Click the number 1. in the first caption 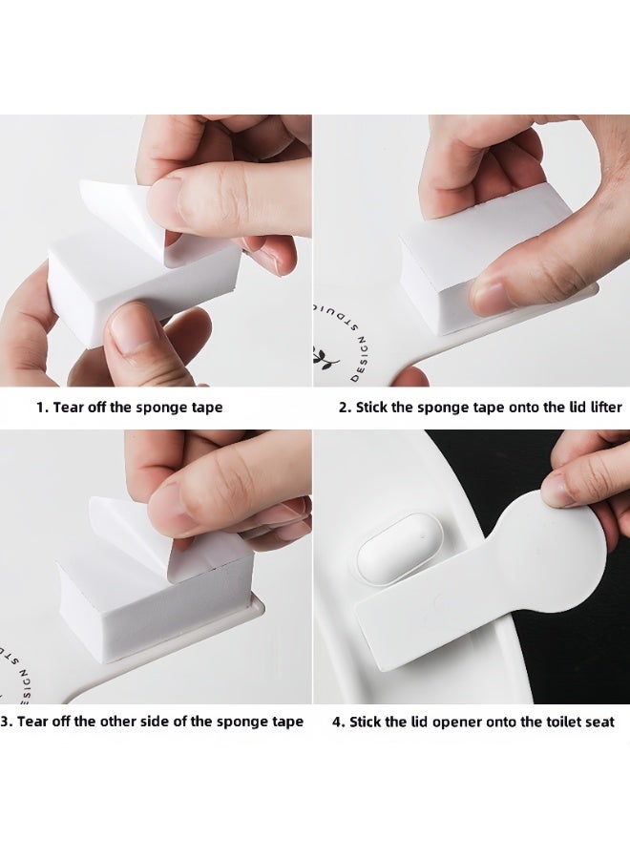coord(42,408)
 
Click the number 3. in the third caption coord(7,722)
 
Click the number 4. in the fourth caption coord(339,723)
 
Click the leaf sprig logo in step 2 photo coord(326,357)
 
